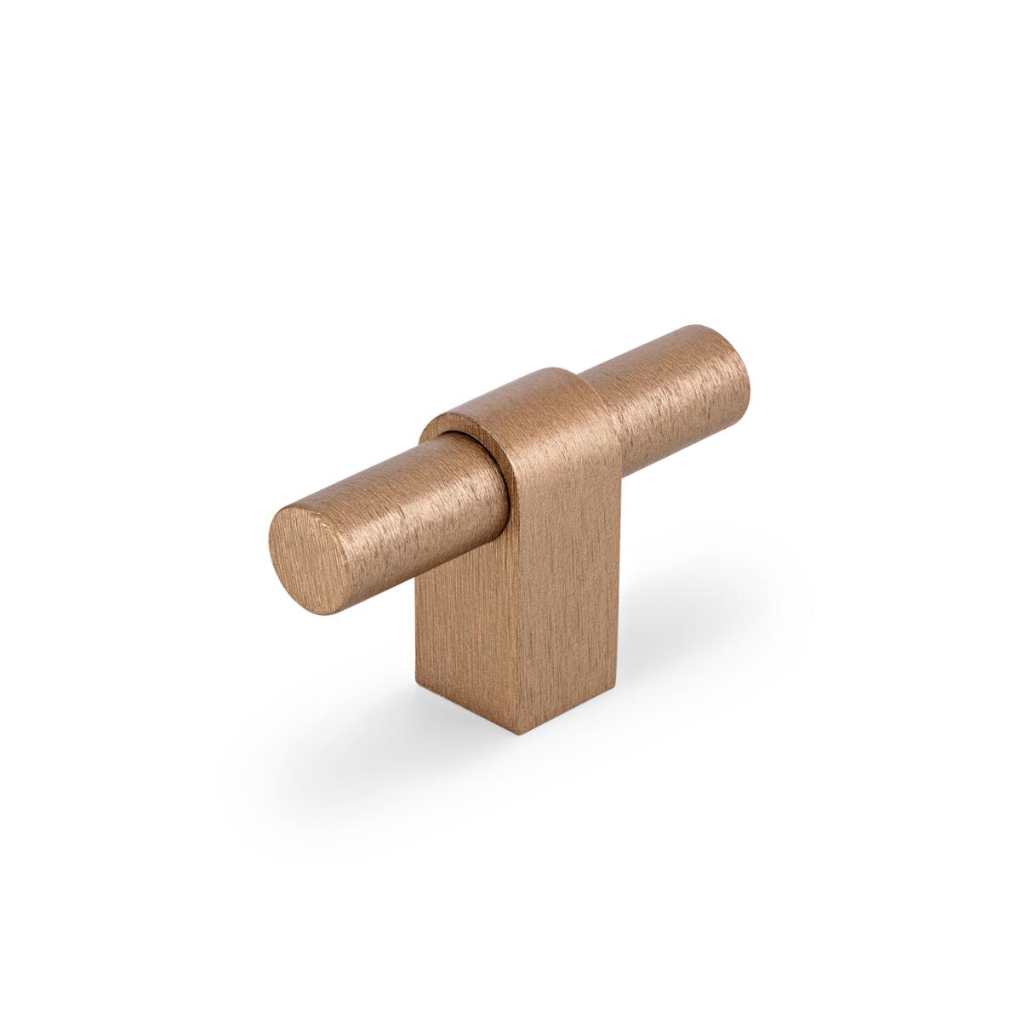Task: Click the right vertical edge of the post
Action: pyautogui.click(x=619, y=579)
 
